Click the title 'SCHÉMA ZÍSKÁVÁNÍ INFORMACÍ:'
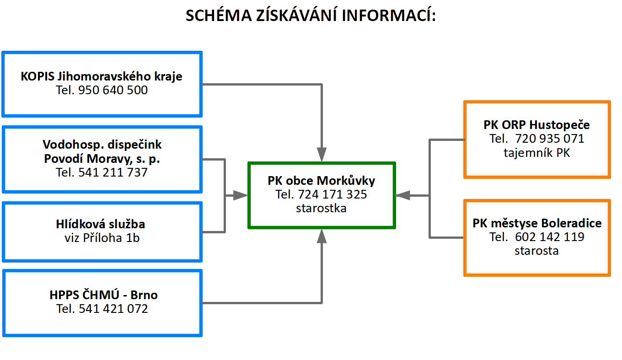point(311,15)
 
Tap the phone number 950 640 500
point(113,90)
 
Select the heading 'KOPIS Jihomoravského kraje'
point(102,76)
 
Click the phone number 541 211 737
point(113,172)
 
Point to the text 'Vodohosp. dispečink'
point(102,145)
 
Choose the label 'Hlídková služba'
point(101,224)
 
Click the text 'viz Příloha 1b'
point(102,238)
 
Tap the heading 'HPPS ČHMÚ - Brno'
point(103,295)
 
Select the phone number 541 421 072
point(113,309)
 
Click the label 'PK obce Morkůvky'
point(321,181)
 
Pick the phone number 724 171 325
point(332,194)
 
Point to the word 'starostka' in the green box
point(321,208)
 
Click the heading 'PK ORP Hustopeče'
point(536,125)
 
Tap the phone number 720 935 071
point(550,138)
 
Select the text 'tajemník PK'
point(537,153)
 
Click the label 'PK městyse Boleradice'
point(537,223)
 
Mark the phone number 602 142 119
point(550,236)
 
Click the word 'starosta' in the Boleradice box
point(536,251)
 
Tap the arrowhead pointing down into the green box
point(322,155)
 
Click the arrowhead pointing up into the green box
point(322,236)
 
